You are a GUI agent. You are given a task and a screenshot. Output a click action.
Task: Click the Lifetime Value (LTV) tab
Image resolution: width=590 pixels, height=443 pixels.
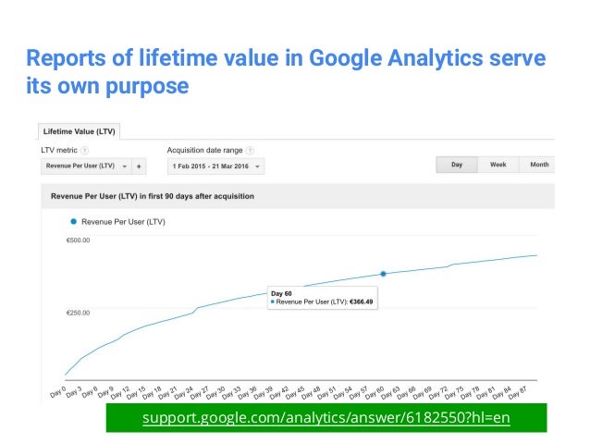[79, 132]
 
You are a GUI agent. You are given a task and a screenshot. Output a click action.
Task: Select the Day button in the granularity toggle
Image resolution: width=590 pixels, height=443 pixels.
[457, 165]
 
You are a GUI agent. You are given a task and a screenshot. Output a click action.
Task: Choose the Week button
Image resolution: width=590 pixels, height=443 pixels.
[498, 165]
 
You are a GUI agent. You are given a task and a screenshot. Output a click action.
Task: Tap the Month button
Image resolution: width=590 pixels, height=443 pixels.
[538, 165]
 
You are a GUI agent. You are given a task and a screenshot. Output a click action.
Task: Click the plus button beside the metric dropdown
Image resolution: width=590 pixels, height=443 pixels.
[139, 167]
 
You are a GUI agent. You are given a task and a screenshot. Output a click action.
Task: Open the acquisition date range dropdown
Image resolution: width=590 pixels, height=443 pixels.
[215, 167]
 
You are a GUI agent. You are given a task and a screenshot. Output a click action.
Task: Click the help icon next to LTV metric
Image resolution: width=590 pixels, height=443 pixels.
[84, 150]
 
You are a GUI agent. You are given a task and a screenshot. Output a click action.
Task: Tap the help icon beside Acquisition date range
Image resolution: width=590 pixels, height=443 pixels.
[251, 150]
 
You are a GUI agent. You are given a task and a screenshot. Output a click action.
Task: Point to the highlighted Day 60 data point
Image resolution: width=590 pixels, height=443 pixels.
[383, 274]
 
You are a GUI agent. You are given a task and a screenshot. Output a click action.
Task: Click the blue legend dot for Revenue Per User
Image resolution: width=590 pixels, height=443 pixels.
[73, 222]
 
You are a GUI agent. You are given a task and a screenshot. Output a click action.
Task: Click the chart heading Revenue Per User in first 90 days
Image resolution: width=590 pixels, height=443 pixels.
[153, 196]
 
